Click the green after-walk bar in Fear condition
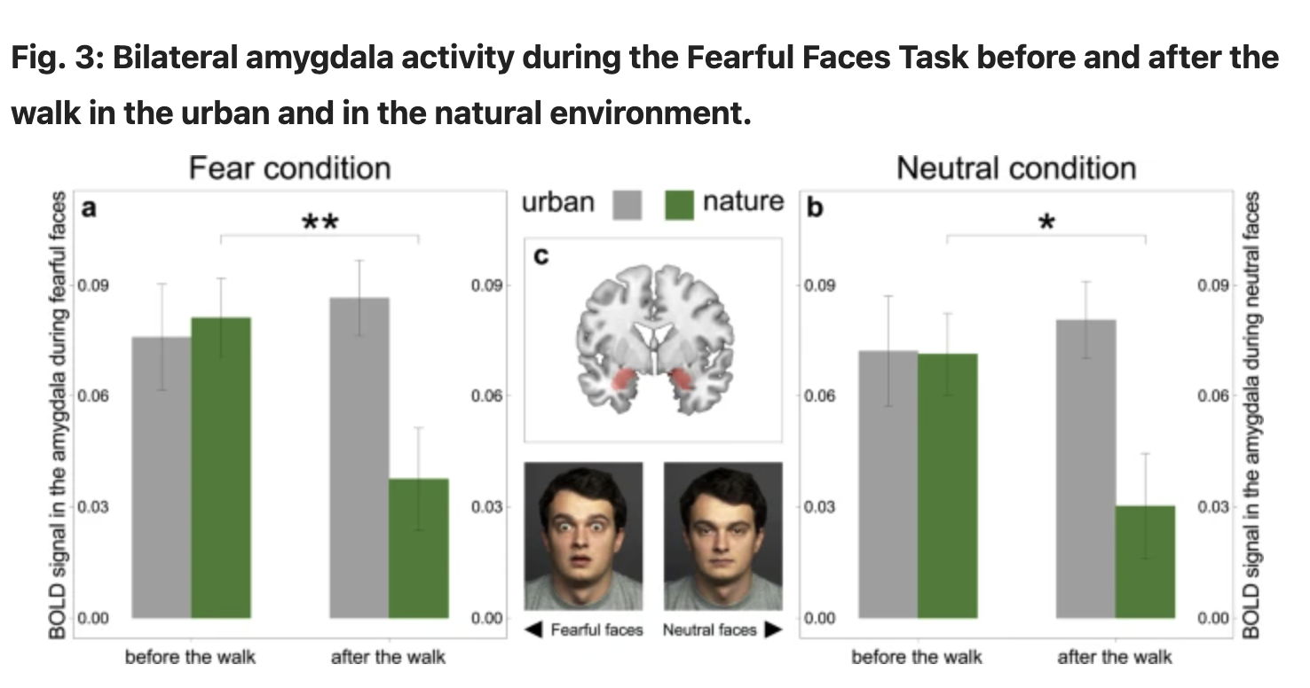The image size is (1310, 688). (418, 548)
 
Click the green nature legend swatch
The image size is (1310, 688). (680, 206)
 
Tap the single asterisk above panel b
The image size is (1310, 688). (1046, 223)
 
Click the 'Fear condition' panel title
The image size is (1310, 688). (289, 168)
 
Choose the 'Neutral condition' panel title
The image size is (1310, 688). (1016, 168)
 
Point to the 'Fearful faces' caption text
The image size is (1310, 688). (596, 630)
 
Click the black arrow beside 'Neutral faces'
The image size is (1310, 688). (772, 630)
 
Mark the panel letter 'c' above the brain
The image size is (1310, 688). (541, 257)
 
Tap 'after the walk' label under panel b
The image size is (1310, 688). (1115, 657)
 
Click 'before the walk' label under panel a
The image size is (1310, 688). (190, 657)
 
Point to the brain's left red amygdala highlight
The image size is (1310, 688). (625, 384)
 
